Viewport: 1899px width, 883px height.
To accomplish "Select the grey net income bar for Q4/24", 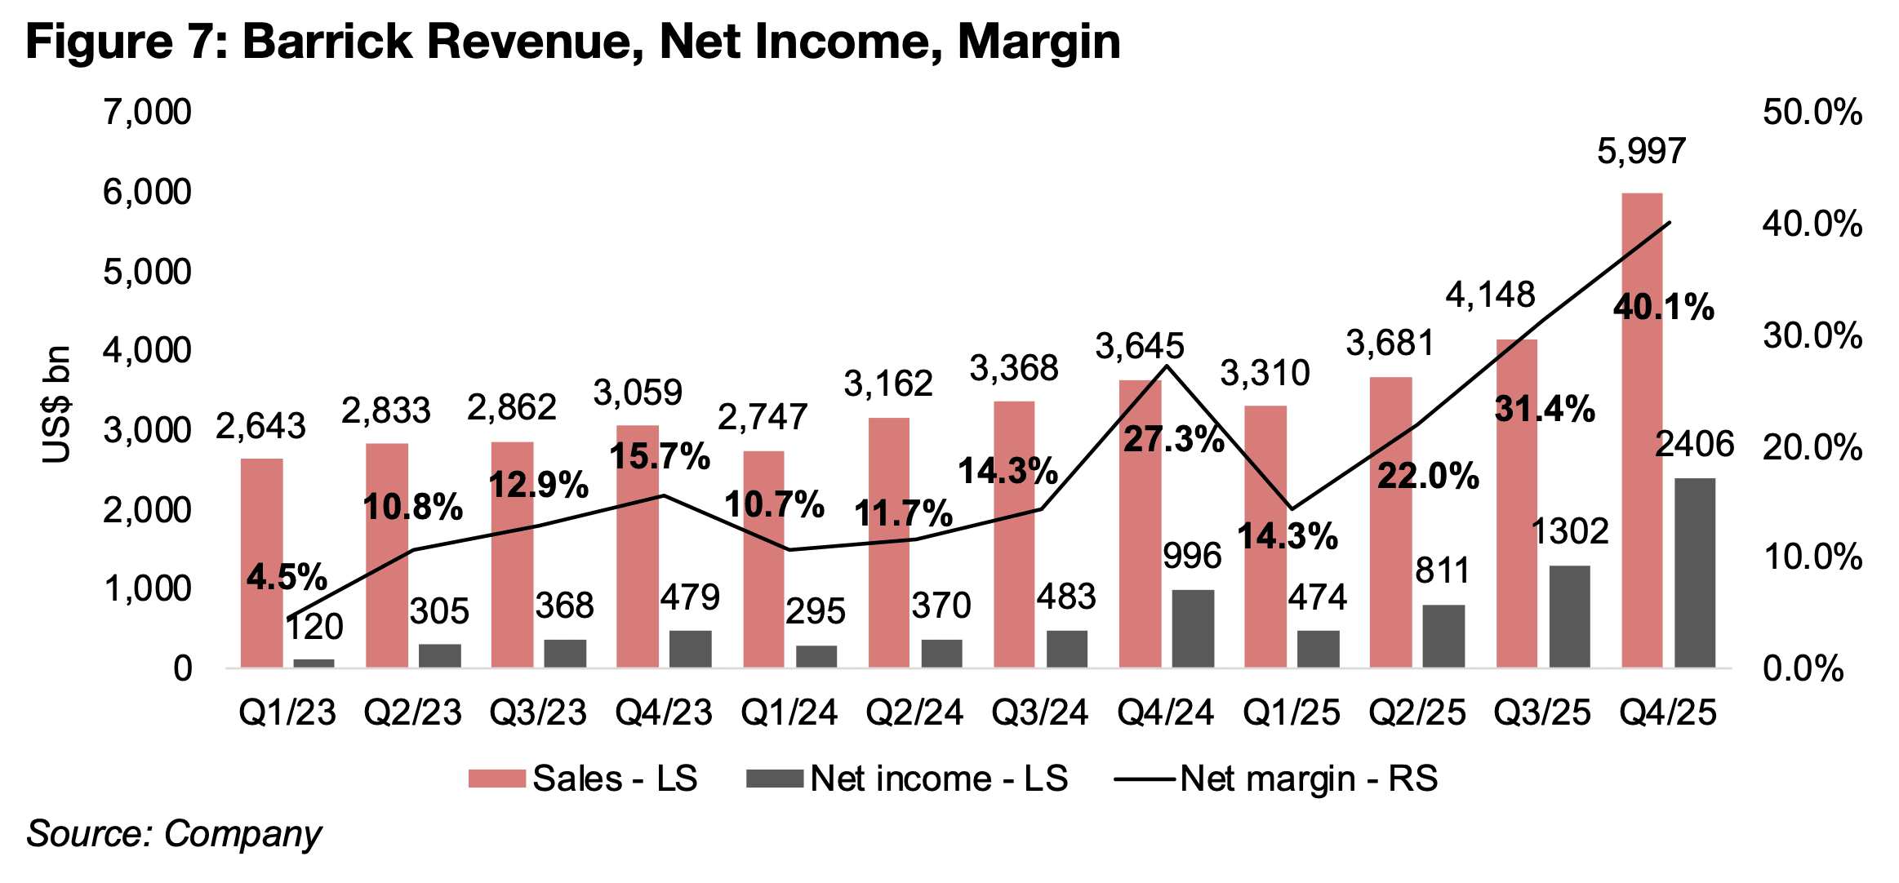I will (x=1193, y=628).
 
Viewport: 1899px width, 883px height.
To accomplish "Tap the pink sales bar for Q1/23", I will (x=261, y=563).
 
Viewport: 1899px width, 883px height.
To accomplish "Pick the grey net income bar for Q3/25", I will (x=1569, y=616).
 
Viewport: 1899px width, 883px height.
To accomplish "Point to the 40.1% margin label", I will (x=1663, y=308).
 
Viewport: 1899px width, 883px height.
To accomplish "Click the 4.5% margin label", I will (x=287, y=577).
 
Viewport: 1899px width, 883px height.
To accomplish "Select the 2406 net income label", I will (x=1694, y=444).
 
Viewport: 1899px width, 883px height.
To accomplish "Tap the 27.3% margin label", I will (x=1173, y=440).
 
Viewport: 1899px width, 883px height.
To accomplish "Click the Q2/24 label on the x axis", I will (x=914, y=712).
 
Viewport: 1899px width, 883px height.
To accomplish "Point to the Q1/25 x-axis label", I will (x=1291, y=712).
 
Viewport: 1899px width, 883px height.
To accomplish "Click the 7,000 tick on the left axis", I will (x=147, y=112).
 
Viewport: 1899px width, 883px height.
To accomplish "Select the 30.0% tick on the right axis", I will (x=1812, y=335).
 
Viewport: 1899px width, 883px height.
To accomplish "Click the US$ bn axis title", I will (x=57, y=404).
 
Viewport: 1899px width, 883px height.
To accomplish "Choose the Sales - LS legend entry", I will (x=583, y=779).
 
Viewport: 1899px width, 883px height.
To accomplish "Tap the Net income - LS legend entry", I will (x=907, y=779).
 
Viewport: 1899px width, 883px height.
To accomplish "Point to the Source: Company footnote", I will (x=174, y=834).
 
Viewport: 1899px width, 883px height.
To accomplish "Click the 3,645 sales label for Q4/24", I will (x=1139, y=347).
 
